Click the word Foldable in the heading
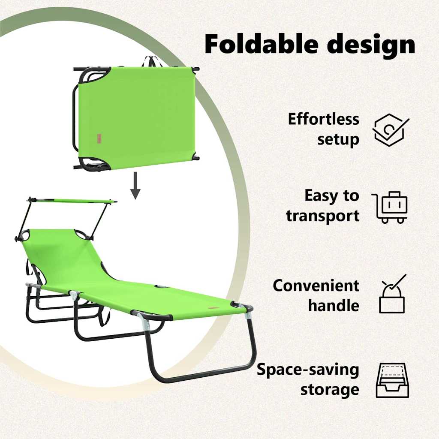point(262,44)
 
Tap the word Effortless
point(323,119)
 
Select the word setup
point(338,139)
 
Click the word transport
point(322,216)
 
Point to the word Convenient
point(316,286)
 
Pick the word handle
point(334,305)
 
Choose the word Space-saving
point(308,370)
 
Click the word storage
point(330,390)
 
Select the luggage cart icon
point(390,207)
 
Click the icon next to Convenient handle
point(393,294)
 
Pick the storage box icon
point(392,380)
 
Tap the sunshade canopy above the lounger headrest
point(72,201)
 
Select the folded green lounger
point(136,117)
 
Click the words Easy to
point(332,195)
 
